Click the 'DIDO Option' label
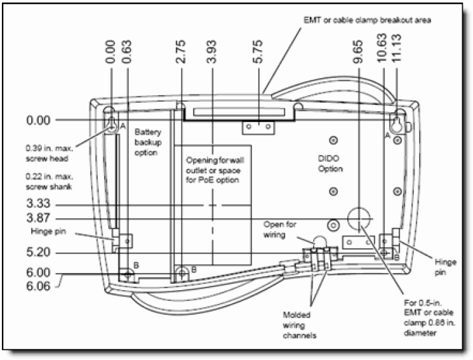(330, 164)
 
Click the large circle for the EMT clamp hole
(359, 220)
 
